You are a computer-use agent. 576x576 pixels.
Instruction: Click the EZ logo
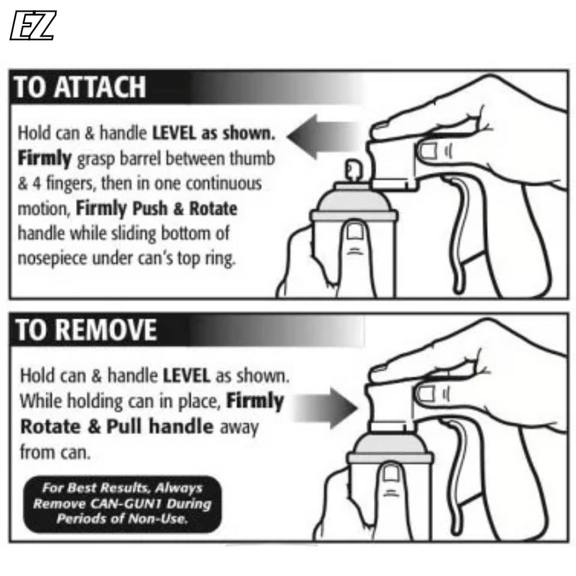[x=33, y=25]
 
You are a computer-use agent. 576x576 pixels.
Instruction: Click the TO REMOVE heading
[x=86, y=329]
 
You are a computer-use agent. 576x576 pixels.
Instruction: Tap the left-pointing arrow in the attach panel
[x=323, y=137]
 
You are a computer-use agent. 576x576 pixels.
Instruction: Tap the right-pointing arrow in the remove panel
[x=325, y=408]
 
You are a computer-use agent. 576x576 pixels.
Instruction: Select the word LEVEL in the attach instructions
[x=174, y=133]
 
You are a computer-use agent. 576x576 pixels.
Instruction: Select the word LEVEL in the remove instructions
[x=186, y=376]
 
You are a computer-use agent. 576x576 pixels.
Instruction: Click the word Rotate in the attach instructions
[x=213, y=209]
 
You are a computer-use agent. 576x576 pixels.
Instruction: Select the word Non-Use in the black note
[x=167, y=518]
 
